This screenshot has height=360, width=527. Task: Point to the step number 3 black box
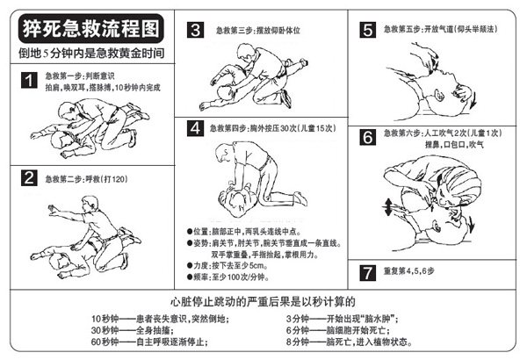(x=196, y=31)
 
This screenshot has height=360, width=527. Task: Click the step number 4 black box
(x=196, y=129)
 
